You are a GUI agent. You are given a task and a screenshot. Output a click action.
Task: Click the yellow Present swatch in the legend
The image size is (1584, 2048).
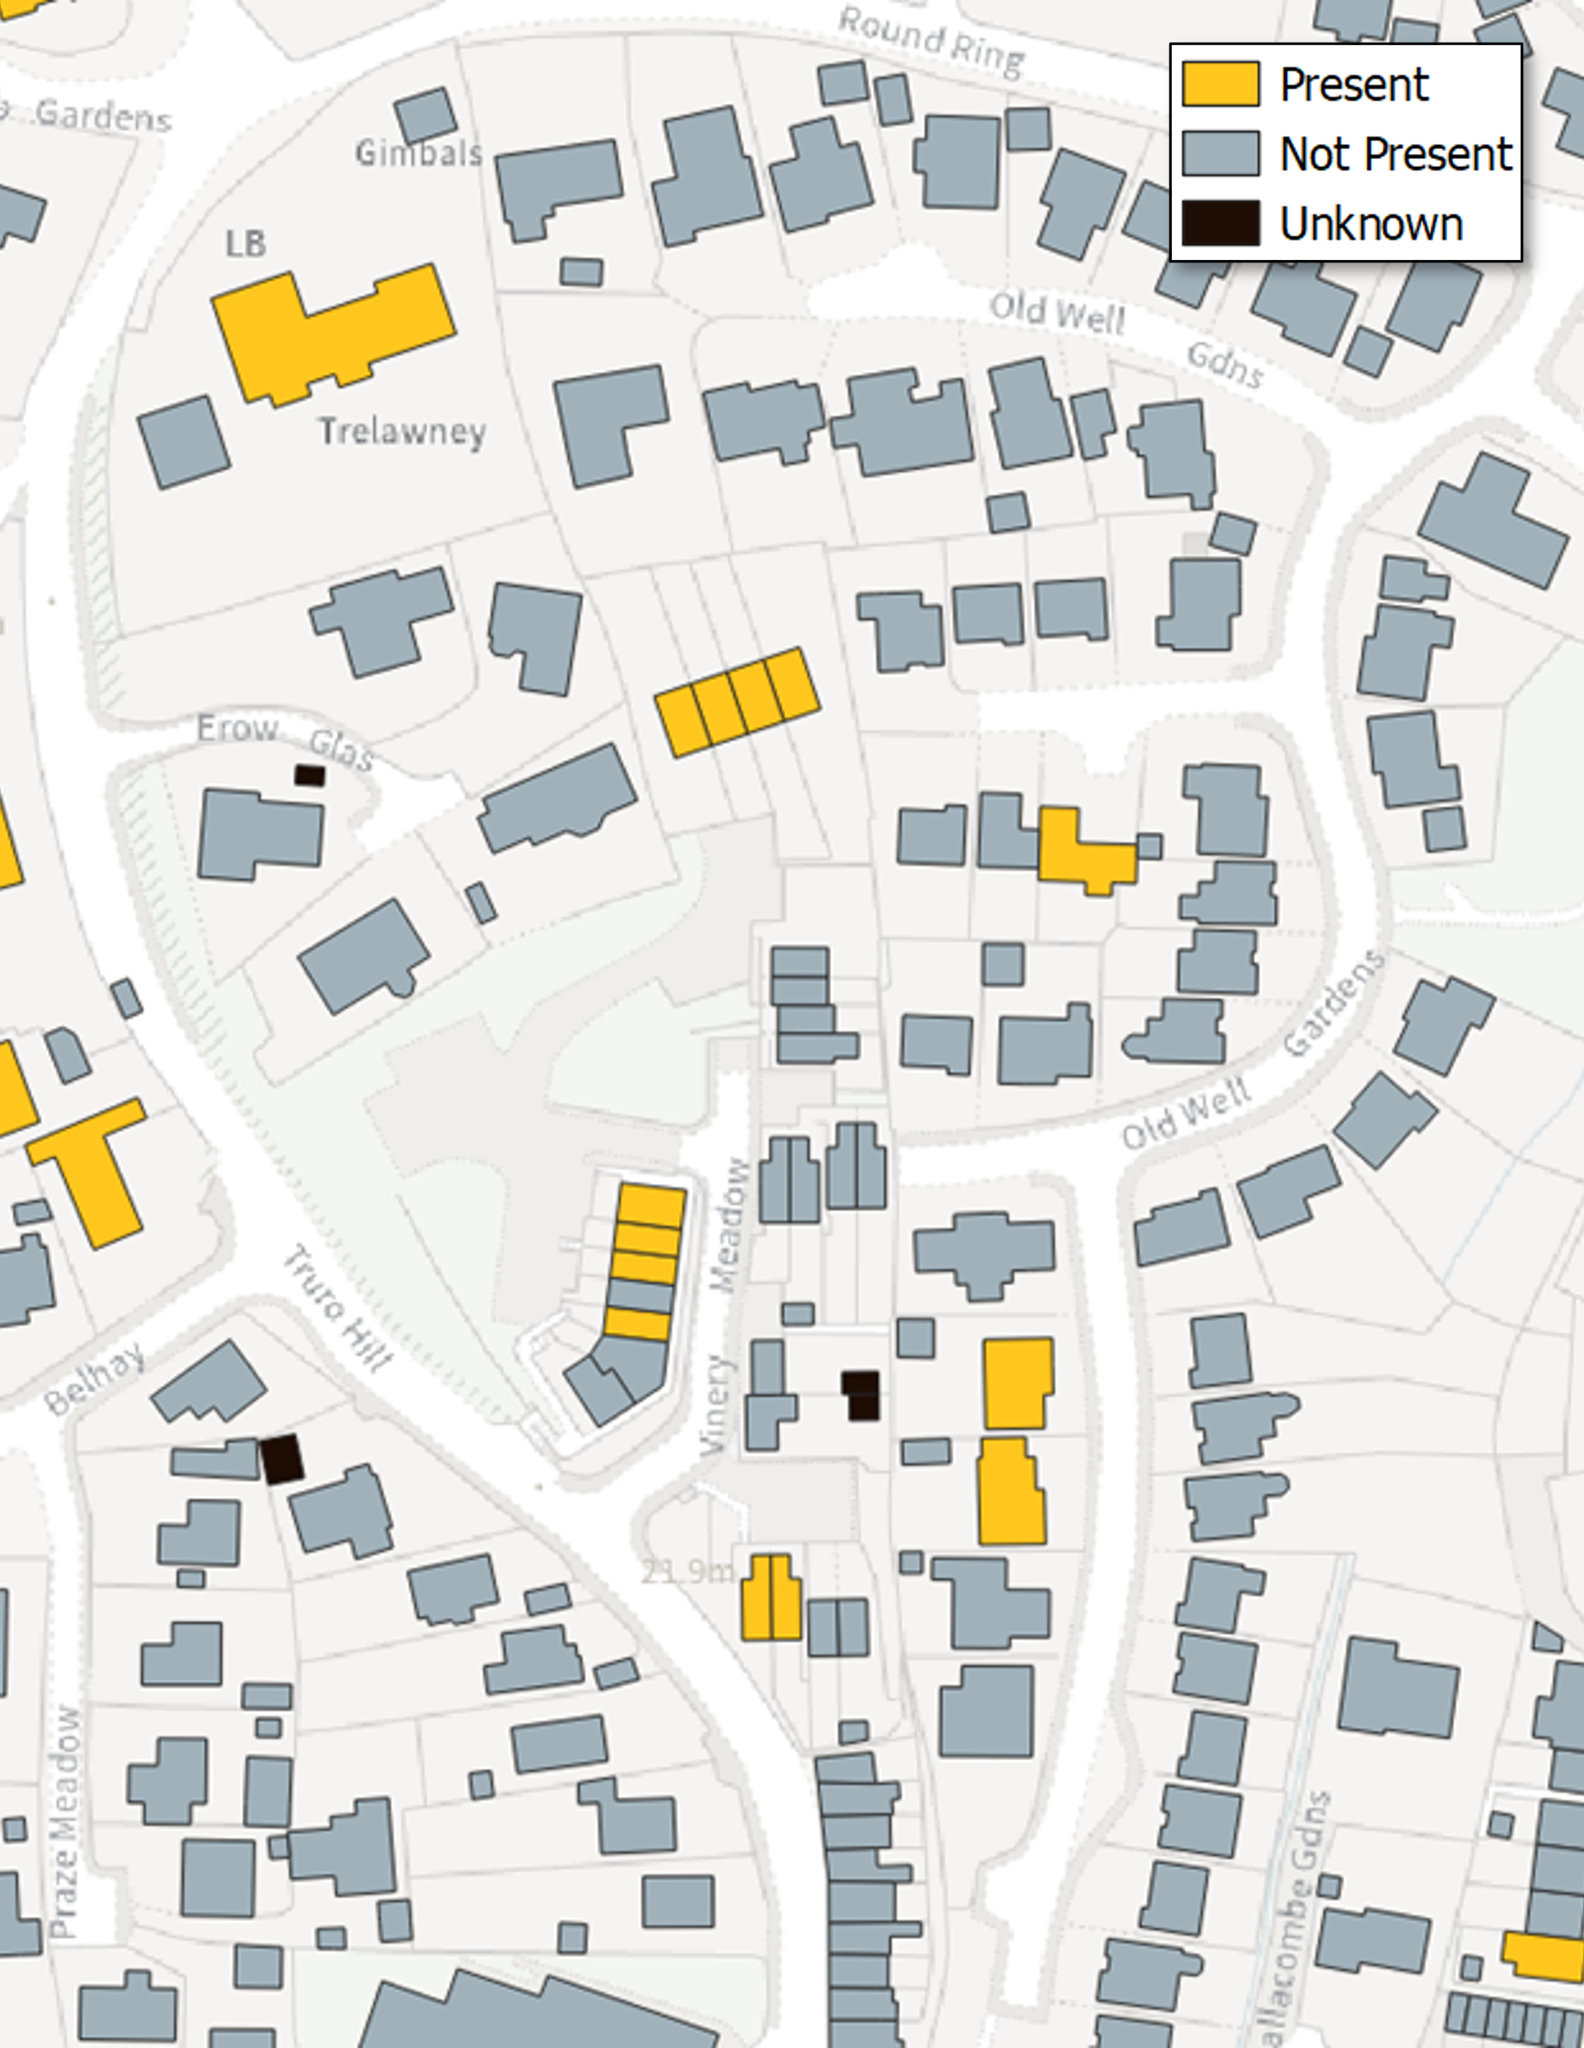(x=1219, y=84)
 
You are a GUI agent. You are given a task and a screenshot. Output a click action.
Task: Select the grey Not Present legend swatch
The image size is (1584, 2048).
(x=1219, y=154)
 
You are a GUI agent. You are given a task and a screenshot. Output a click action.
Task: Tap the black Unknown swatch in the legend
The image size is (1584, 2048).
(x=1219, y=223)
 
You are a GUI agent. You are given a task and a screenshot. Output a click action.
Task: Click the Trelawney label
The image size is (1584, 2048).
(x=403, y=431)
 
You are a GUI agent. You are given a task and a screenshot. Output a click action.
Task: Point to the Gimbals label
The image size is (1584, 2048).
(x=418, y=153)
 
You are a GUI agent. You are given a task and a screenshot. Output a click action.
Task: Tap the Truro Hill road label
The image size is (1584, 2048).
(x=337, y=1308)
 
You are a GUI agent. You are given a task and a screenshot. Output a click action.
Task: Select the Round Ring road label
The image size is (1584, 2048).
(x=930, y=43)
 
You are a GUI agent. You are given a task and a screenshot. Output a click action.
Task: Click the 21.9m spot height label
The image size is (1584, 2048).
(x=688, y=1572)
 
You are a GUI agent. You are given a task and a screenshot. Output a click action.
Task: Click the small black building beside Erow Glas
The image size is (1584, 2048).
(x=309, y=775)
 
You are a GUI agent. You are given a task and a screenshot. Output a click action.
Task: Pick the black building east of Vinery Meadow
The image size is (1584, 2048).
(x=861, y=1395)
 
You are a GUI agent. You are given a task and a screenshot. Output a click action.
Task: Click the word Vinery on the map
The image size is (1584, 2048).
(x=716, y=1406)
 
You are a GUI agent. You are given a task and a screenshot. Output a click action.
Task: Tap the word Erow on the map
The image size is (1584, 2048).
(x=237, y=728)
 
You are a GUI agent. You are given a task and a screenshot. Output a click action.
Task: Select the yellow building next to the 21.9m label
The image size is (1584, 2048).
(x=771, y=1598)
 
